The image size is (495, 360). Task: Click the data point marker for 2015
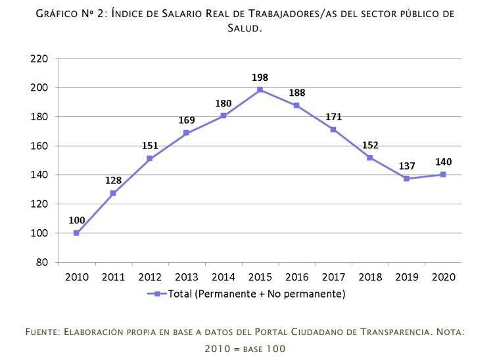tap(260, 89)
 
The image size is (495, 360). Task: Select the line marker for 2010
tap(76, 233)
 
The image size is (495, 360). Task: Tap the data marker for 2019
tap(406, 179)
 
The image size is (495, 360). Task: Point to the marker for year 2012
tap(150, 158)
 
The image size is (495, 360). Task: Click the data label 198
tap(260, 78)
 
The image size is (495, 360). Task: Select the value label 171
tap(333, 117)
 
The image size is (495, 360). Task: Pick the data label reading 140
tap(443, 162)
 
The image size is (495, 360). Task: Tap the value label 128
tap(113, 181)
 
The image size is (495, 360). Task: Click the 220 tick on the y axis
tap(39, 58)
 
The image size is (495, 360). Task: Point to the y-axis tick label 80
tap(42, 262)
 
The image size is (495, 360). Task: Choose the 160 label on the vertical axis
tap(39, 146)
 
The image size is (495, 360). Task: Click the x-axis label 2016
tap(296, 277)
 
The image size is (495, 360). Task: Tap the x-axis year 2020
tap(443, 277)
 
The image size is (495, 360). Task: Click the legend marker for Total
tap(157, 294)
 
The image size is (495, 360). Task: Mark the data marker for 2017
tap(333, 129)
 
